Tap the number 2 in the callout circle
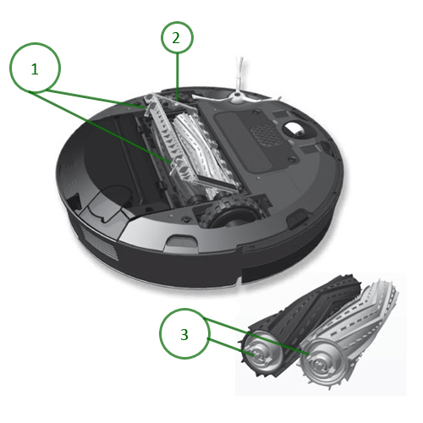(175, 37)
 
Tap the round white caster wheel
(296, 129)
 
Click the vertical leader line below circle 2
(178, 72)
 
